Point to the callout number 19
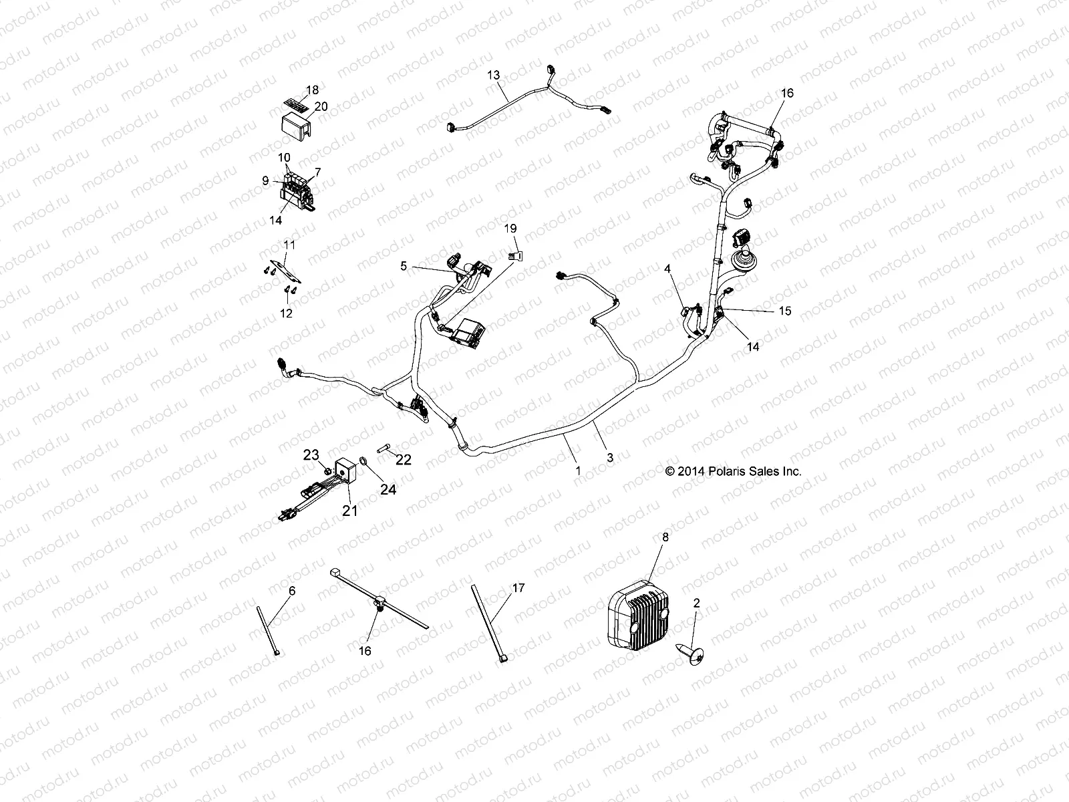[510, 229]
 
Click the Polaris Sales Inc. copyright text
[733, 471]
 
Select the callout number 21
[350, 511]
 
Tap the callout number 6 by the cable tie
[291, 591]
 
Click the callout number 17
[518, 588]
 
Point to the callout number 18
[312, 90]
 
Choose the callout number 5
[403, 266]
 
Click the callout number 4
[667, 269]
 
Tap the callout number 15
[784, 311]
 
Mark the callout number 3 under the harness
[609, 458]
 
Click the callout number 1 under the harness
[578, 471]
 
